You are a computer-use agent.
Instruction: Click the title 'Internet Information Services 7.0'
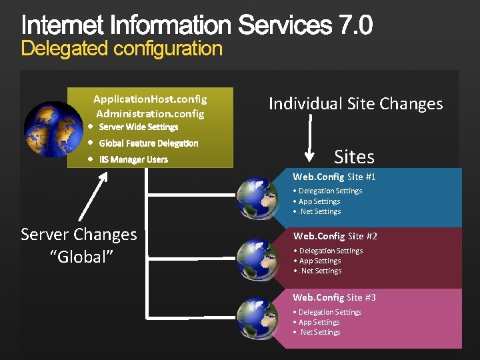(197, 26)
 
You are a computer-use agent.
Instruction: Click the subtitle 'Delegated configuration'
(121, 49)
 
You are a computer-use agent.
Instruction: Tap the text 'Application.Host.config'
(150, 99)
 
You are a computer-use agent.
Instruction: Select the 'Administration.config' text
(150, 113)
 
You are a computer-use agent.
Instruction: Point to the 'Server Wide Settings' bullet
(138, 127)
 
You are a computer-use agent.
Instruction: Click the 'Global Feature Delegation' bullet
(148, 143)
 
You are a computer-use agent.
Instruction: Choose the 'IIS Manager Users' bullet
(133, 159)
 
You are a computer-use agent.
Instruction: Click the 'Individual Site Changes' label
(355, 104)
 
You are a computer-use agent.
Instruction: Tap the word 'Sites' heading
(354, 157)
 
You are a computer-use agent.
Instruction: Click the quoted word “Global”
(79, 257)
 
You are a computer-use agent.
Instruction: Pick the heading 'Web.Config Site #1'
(335, 177)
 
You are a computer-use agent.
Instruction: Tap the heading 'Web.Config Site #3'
(335, 297)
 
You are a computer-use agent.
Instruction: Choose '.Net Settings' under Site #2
(319, 271)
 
